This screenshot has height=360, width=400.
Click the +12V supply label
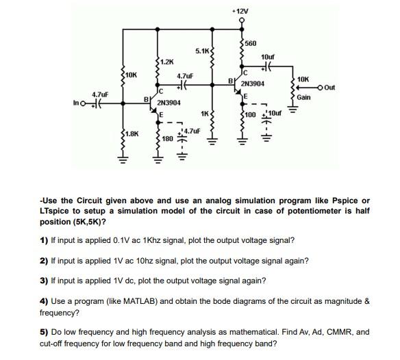[240, 11]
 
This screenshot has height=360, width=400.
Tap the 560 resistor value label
[251, 43]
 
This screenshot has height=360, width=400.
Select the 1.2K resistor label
[167, 62]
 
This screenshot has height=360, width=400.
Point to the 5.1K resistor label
[202, 51]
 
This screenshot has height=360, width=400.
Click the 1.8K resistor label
[132, 135]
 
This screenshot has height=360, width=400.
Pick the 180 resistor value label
[167, 138]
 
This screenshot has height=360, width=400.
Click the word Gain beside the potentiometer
[304, 97]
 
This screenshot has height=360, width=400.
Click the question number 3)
[45, 281]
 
